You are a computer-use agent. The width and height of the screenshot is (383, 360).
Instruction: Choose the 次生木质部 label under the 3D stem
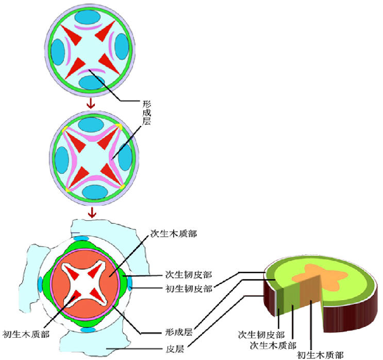coord(273,345)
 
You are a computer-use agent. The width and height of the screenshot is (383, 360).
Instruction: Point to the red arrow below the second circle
coord(92,212)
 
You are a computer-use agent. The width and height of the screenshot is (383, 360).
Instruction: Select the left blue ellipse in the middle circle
coord(61,159)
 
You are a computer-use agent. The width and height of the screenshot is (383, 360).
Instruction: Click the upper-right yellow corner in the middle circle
coord(120,126)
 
